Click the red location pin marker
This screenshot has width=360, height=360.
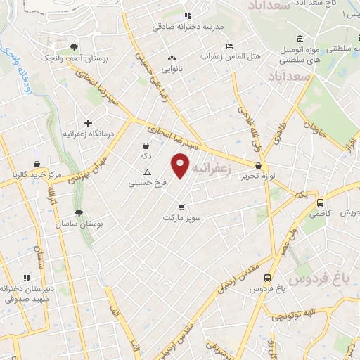(x=181, y=166)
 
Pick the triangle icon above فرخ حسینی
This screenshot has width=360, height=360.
(x=147, y=172)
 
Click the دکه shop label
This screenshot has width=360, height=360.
(x=146, y=156)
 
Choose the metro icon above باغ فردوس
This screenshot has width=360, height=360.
(x=268, y=278)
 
